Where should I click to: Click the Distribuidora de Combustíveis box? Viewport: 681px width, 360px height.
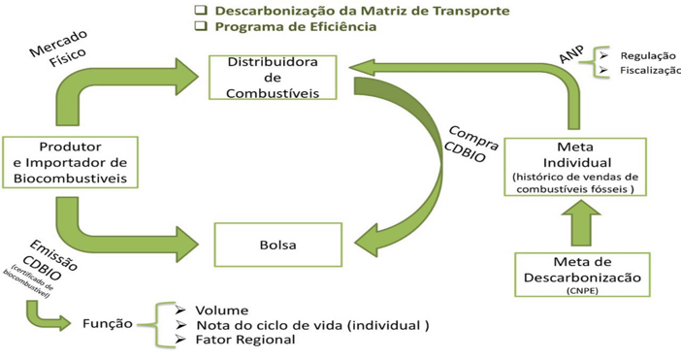(274, 78)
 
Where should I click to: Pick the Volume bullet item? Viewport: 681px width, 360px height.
(221, 311)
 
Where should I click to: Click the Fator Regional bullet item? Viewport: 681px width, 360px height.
(244, 340)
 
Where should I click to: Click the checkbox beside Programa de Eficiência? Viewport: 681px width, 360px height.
(201, 27)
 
